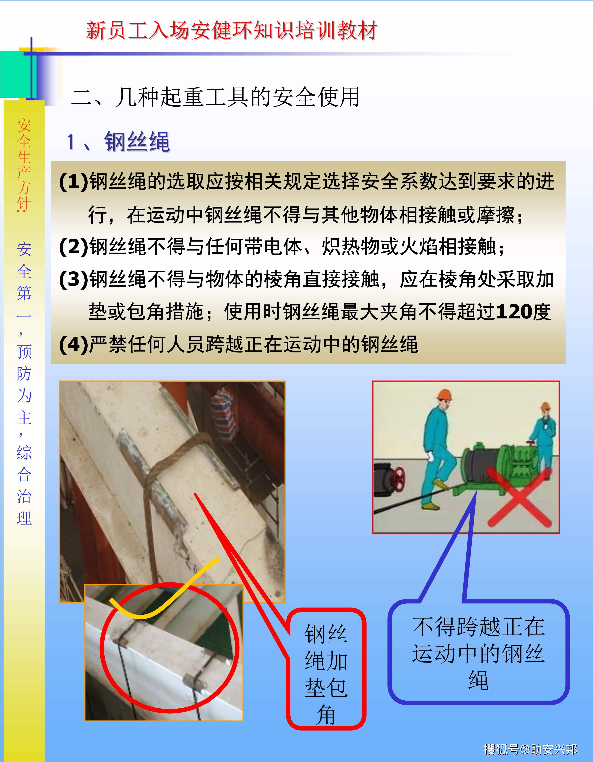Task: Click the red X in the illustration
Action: (519, 497)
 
